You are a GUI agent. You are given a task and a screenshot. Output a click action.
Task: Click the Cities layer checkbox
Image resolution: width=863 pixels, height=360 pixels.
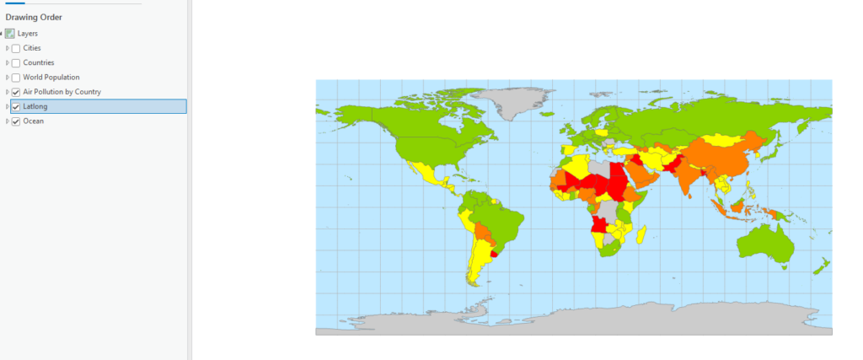(x=16, y=48)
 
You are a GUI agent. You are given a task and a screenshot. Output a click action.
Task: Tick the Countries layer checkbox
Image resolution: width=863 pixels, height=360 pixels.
(x=16, y=62)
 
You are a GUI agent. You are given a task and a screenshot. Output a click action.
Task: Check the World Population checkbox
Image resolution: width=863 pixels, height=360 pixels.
(x=16, y=78)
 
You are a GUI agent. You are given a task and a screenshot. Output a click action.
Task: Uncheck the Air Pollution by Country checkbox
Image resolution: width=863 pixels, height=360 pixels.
(x=16, y=92)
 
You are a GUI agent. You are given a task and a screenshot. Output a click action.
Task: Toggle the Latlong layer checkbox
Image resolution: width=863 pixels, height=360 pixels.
(x=16, y=106)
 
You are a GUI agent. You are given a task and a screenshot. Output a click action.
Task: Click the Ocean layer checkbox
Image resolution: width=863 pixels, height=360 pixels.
(x=16, y=121)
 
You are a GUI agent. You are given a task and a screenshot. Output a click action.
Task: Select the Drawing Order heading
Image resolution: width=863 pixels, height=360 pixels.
(x=34, y=18)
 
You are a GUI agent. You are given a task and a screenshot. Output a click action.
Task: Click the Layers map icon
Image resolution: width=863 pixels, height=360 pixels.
(x=10, y=34)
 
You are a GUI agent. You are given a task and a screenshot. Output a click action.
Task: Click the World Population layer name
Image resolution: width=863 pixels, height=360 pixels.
(x=51, y=78)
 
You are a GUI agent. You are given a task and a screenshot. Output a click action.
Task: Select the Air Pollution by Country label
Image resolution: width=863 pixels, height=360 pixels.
(x=62, y=92)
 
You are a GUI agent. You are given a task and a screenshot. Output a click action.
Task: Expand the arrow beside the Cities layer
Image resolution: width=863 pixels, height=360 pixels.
(x=7, y=48)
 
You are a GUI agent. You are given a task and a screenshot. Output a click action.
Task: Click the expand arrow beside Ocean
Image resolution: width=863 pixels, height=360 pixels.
(x=7, y=121)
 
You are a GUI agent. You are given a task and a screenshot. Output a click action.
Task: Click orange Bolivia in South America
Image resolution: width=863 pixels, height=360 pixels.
(x=482, y=229)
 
